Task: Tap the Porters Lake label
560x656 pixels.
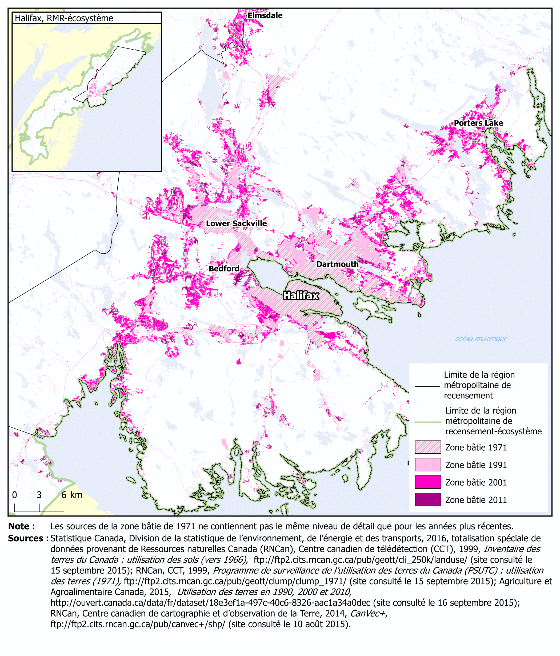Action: (x=478, y=123)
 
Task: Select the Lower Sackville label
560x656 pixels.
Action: (x=236, y=223)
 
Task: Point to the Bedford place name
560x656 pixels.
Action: (x=224, y=269)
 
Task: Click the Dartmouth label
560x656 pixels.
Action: (x=337, y=264)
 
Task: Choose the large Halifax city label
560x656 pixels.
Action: (x=301, y=295)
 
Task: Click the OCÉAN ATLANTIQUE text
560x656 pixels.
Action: (x=481, y=339)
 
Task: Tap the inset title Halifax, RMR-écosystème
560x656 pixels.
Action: (x=64, y=18)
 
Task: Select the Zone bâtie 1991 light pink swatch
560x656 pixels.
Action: (x=428, y=465)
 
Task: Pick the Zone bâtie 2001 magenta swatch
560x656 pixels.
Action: (x=428, y=482)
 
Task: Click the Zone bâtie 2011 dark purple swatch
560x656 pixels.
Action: (x=428, y=499)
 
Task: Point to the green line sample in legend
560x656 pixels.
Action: (x=428, y=422)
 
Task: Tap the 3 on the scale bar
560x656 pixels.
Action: (x=39, y=495)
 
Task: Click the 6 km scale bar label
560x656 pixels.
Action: (x=72, y=495)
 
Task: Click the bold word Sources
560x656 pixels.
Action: (x=28, y=538)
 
